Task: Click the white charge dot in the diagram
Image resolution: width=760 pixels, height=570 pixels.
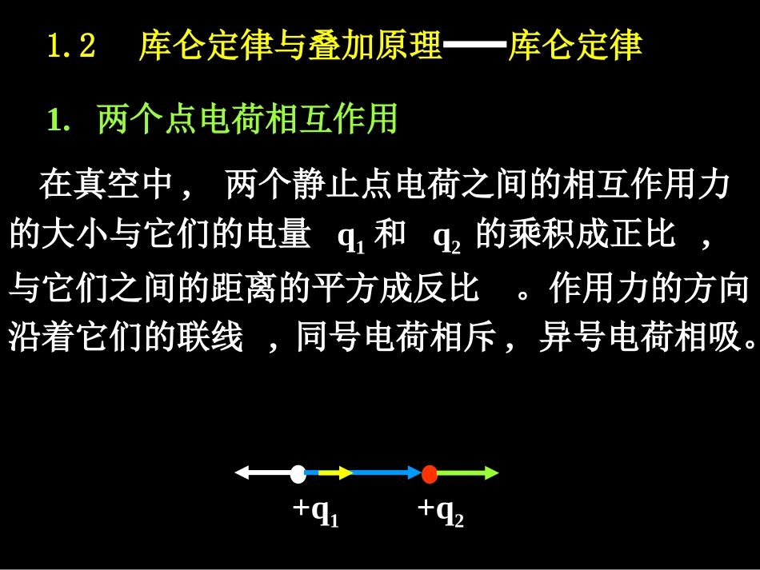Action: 298,473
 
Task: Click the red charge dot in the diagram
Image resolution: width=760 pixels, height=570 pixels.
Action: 430,473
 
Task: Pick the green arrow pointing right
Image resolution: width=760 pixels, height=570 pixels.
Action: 468,473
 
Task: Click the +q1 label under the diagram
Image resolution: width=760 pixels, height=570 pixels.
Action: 315,512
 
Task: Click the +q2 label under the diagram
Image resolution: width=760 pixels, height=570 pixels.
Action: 440,512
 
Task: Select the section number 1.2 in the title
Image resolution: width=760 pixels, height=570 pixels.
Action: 72,46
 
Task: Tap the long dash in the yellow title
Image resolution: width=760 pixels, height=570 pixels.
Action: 475,46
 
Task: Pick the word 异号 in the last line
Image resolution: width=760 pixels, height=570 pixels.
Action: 571,339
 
